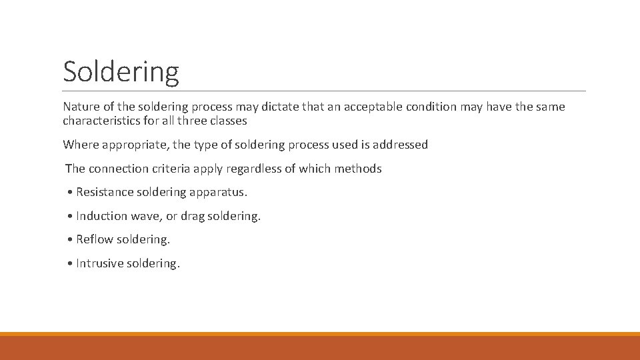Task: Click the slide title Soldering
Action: tap(121, 71)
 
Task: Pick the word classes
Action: tap(228, 121)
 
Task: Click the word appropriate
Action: tap(137, 145)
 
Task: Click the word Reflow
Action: tap(93, 239)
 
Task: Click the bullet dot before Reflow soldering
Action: tap(70, 240)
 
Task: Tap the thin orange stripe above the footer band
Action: tap(320, 334)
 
